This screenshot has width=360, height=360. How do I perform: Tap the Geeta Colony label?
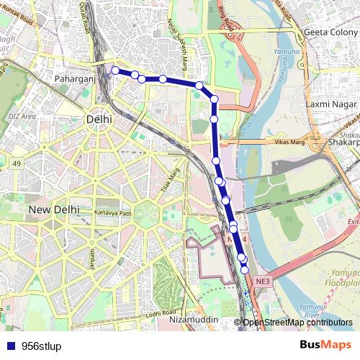click(330, 32)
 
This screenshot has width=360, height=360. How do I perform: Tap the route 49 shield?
click(16, 163)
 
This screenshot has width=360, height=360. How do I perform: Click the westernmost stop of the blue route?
click(115, 71)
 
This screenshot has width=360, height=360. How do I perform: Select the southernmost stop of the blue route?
click(245, 269)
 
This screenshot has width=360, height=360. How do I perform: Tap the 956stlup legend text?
click(41, 345)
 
